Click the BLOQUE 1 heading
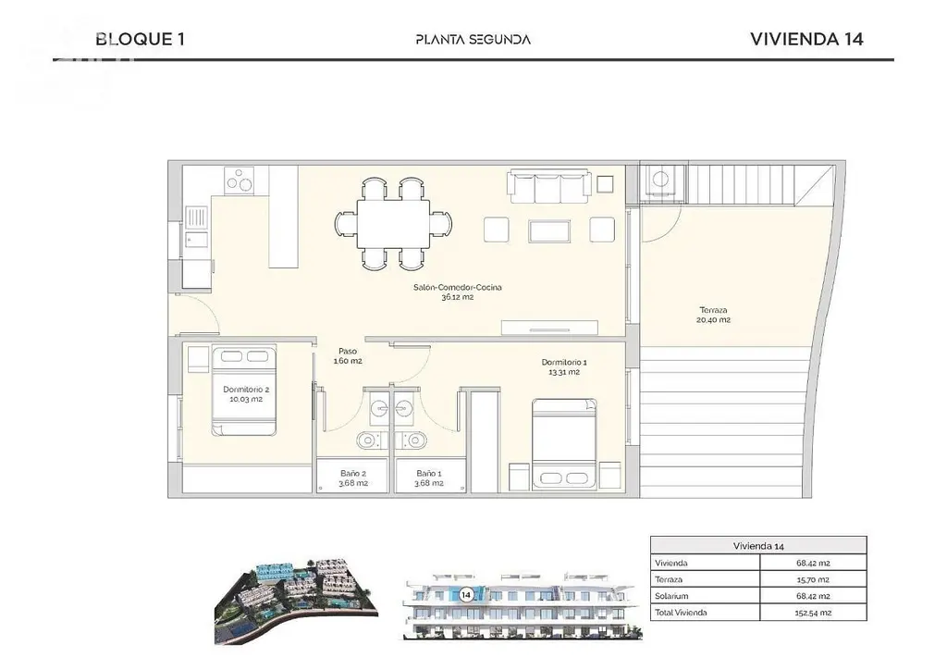[x=141, y=39]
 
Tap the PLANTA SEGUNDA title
[x=473, y=40]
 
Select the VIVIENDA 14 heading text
[x=806, y=39]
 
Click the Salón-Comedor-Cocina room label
[x=457, y=287]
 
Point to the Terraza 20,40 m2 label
[x=713, y=315]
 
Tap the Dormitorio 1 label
[x=564, y=363]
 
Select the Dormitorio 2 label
[x=246, y=390]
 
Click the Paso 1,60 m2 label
[x=348, y=356]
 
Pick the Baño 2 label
[x=353, y=474]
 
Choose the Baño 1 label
[x=429, y=474]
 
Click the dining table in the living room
[x=393, y=224]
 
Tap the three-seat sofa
[x=549, y=186]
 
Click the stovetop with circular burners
[x=240, y=180]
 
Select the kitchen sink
[x=196, y=227]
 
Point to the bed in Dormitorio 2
[x=244, y=391]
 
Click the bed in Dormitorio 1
[x=563, y=444]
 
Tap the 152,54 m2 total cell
[x=813, y=613]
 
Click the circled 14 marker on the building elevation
[x=466, y=595]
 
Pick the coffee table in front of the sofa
[x=549, y=230]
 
